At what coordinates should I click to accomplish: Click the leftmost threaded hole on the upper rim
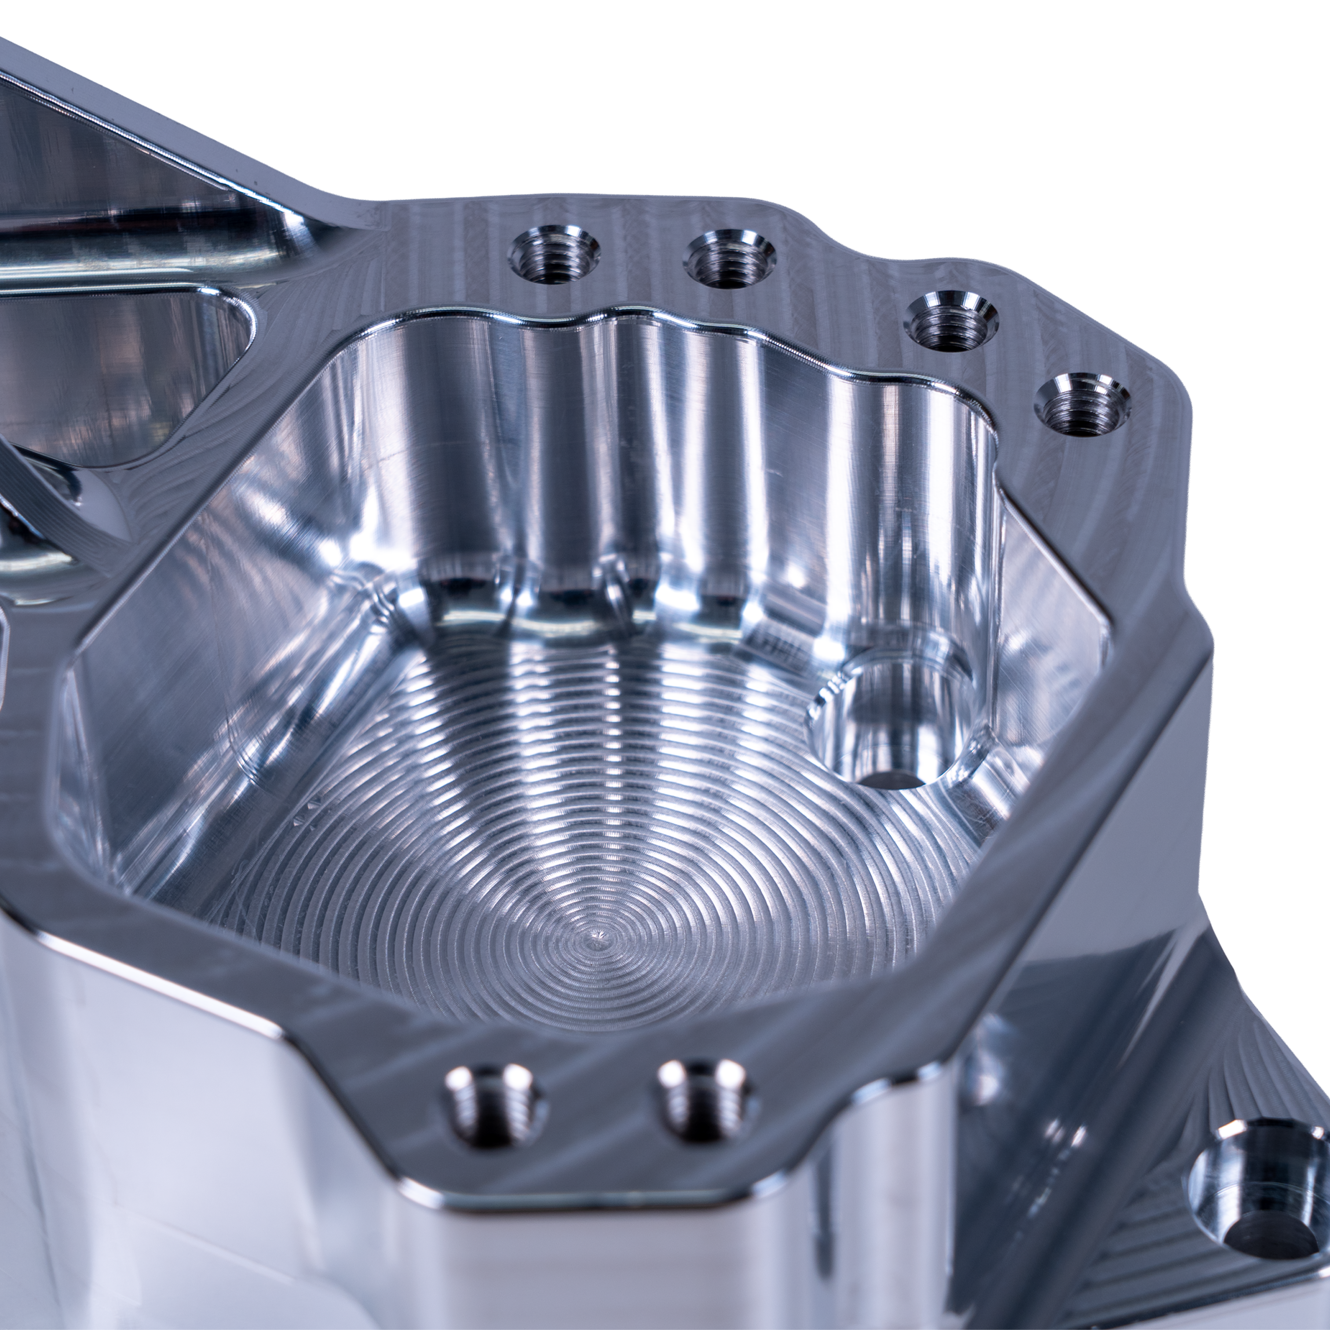(553, 256)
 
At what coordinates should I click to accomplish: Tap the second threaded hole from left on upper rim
(730, 259)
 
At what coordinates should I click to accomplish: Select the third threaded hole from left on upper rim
(951, 321)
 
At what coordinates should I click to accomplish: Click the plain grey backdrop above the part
(688, 110)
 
